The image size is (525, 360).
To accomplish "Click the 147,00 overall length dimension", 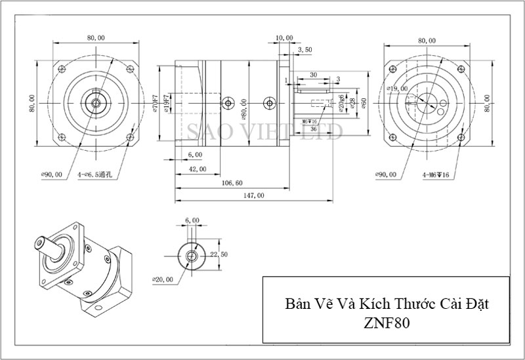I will pyautogui.click(x=254, y=195).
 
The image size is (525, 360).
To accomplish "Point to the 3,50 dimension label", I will pyautogui.click(x=304, y=50).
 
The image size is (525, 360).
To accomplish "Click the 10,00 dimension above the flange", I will pyautogui.click(x=285, y=38).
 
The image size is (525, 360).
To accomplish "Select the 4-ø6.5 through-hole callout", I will pyautogui.click(x=94, y=175).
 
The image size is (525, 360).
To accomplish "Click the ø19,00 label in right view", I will pyautogui.click(x=398, y=88).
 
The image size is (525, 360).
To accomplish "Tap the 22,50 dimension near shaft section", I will pyautogui.click(x=219, y=254).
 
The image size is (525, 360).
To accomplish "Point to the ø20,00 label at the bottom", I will pyautogui.click(x=163, y=280).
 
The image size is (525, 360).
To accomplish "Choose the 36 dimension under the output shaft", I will pyautogui.click(x=314, y=129).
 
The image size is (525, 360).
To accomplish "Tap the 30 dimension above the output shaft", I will pyautogui.click(x=314, y=75).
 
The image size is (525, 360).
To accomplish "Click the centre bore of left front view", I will pyautogui.click(x=95, y=102).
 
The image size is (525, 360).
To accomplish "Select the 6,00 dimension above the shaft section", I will pyautogui.click(x=192, y=220).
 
